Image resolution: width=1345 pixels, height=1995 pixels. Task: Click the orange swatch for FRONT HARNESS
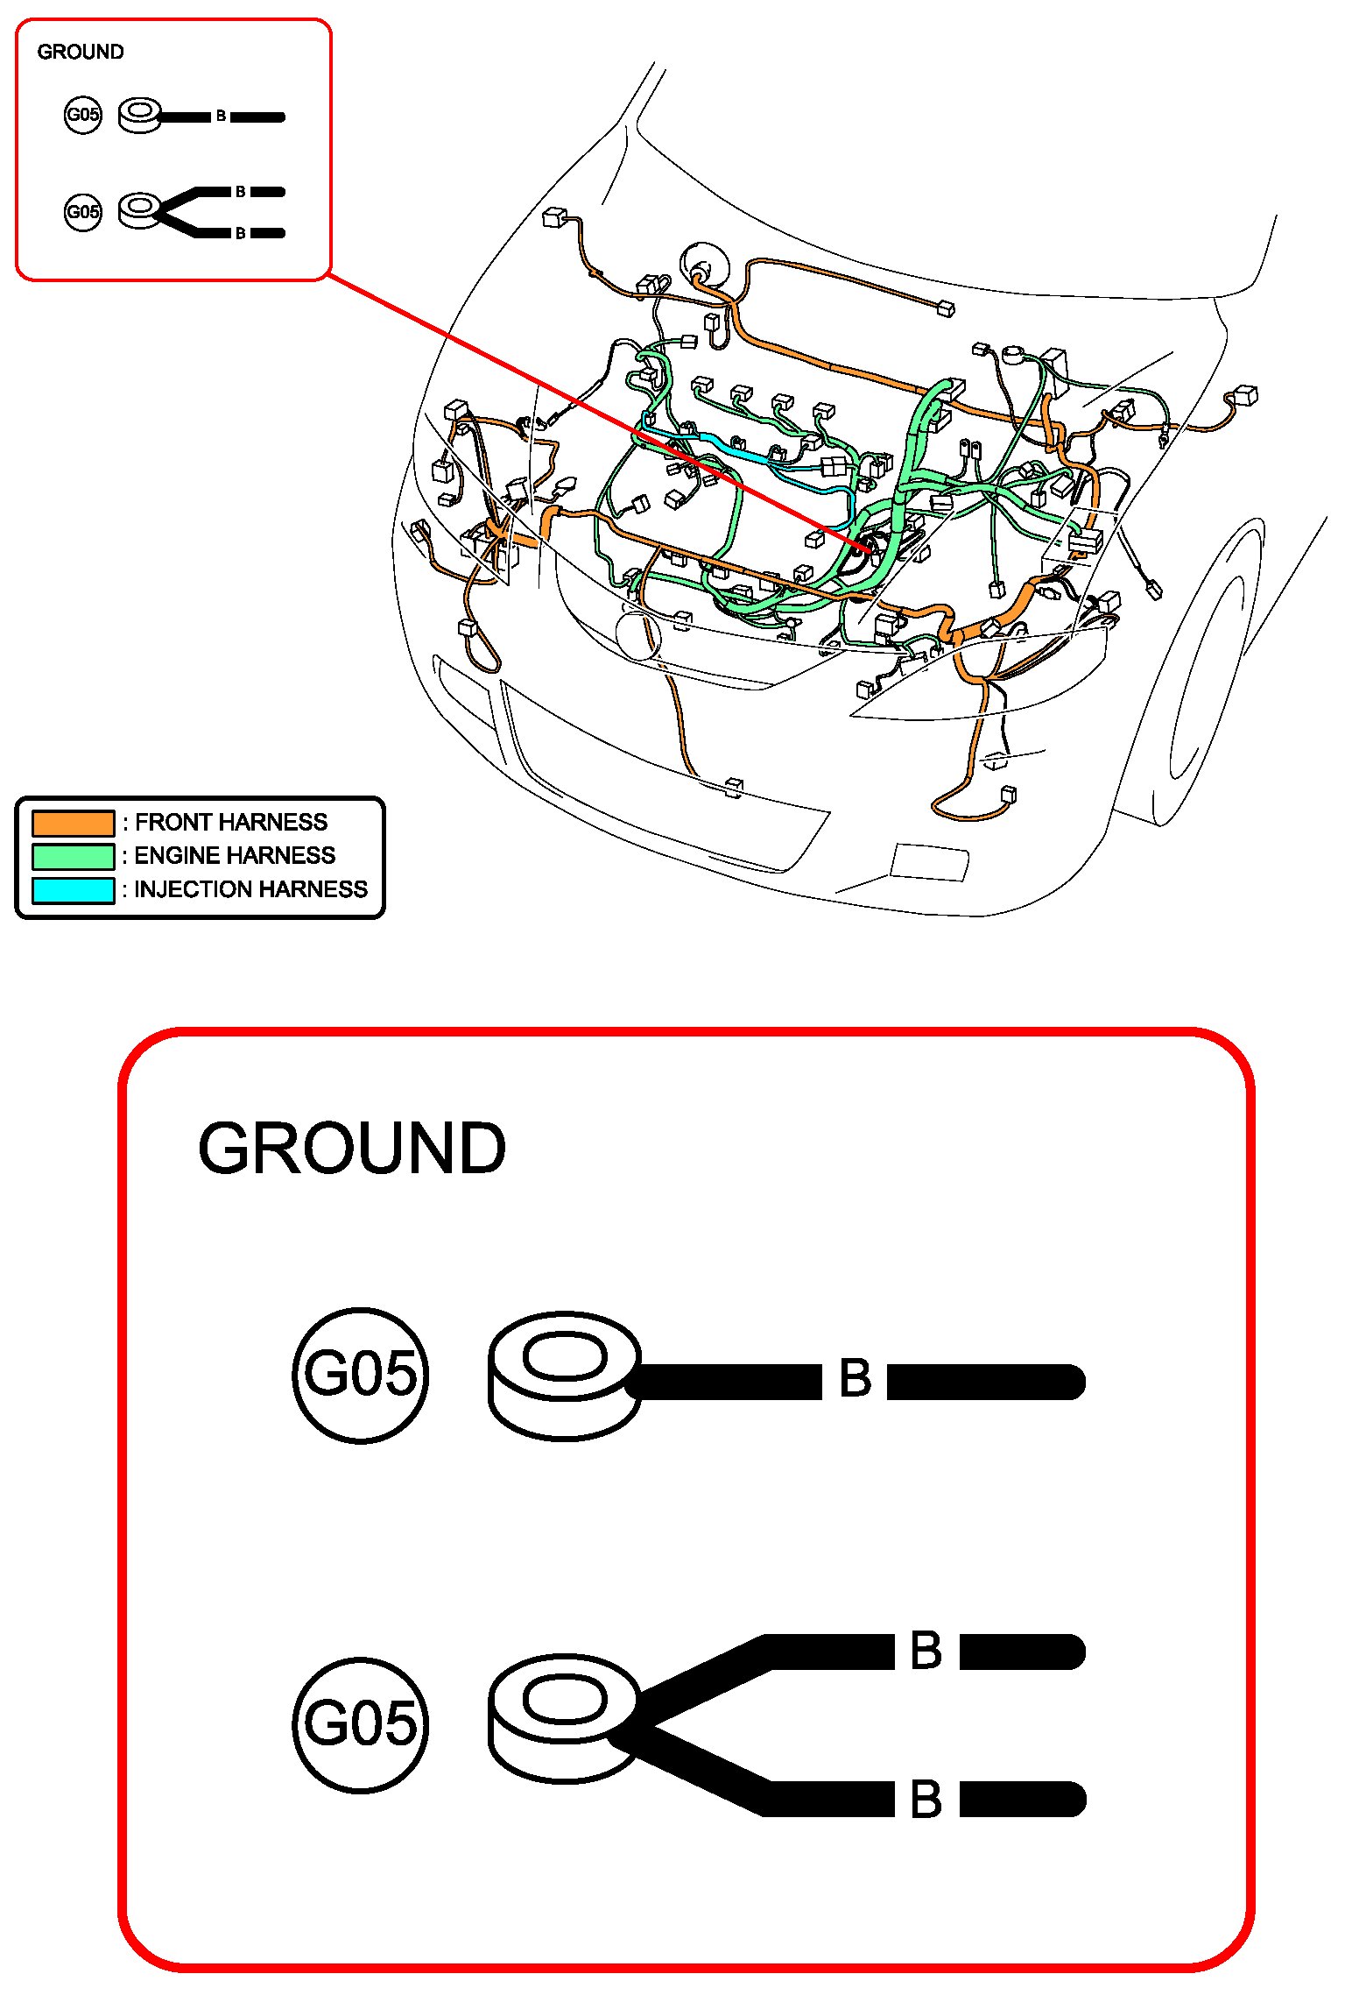73,823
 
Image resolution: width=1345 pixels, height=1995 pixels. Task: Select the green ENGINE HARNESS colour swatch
73,856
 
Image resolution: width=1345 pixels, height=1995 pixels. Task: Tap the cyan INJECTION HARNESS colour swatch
73,890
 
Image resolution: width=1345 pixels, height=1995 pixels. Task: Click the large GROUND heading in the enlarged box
352,1149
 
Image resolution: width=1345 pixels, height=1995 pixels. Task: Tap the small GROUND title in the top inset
81,52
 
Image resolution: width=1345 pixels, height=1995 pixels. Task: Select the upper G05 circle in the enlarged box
360,1375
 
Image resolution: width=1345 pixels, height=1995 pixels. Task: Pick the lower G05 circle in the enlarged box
360,1723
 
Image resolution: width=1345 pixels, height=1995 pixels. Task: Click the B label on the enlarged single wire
855,1378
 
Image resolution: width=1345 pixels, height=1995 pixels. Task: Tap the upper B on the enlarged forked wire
926,1651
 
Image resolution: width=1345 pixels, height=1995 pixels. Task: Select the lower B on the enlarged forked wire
926,1800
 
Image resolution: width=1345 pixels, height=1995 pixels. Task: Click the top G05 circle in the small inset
83,115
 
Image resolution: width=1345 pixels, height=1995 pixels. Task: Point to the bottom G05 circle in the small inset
83,212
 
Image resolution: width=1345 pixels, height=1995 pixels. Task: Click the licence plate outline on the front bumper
930,862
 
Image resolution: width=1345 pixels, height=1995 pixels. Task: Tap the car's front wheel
1213,675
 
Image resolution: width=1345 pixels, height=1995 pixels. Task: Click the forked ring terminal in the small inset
139,210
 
